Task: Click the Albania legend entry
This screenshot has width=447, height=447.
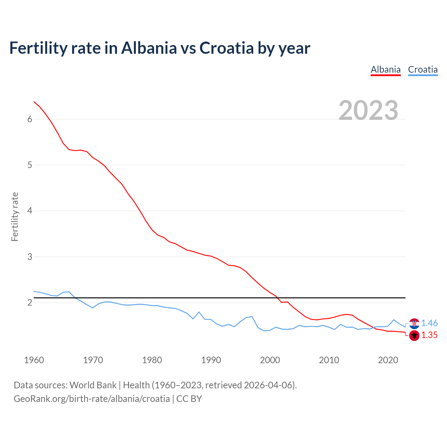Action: pyautogui.click(x=386, y=69)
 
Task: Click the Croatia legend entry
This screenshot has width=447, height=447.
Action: pyautogui.click(x=423, y=69)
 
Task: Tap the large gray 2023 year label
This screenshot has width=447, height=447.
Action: pyautogui.click(x=368, y=110)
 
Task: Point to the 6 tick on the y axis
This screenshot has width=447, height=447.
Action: pyautogui.click(x=30, y=119)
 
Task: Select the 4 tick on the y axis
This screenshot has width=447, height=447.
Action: pyautogui.click(x=30, y=211)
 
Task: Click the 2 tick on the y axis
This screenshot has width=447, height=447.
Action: pyautogui.click(x=30, y=302)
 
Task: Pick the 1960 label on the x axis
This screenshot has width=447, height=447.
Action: pyautogui.click(x=34, y=360)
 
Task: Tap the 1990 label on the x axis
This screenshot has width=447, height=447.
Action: pyautogui.click(x=211, y=360)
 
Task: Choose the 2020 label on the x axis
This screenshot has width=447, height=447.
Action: pyautogui.click(x=388, y=360)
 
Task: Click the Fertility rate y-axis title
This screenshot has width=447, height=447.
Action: pyautogui.click(x=15, y=217)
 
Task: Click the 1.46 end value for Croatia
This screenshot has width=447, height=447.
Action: pyautogui.click(x=429, y=323)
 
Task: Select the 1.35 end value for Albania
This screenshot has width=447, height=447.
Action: pyautogui.click(x=429, y=335)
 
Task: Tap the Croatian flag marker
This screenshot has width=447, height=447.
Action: pyautogui.click(x=414, y=324)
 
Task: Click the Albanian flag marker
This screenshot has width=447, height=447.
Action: pyautogui.click(x=414, y=336)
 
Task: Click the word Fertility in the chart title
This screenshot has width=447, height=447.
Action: pyautogui.click(x=38, y=48)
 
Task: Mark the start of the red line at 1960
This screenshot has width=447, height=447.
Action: pyautogui.click(x=34, y=102)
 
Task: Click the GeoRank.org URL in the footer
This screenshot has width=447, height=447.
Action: pyautogui.click(x=91, y=399)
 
